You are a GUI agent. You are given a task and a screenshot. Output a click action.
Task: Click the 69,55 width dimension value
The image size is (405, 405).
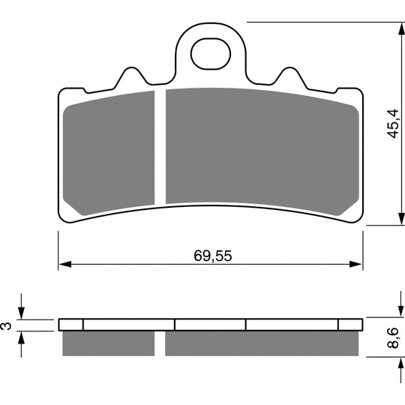pos(213,256)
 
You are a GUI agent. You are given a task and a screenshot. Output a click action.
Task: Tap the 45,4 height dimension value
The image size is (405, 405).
pos(392,124)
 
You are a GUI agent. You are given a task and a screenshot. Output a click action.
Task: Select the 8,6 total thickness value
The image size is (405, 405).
pos(393,337)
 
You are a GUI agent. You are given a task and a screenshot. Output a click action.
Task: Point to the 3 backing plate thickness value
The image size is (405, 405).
pos(7,325)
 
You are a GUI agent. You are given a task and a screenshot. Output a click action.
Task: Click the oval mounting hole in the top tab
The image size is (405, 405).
pos(211,54)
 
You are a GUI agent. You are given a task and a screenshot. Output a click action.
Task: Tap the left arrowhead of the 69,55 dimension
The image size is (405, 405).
pos(64,264)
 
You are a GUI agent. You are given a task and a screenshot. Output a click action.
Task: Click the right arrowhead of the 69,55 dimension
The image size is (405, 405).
pos(356,264)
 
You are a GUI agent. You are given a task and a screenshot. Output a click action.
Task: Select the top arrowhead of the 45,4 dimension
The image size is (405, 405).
pos(401,28)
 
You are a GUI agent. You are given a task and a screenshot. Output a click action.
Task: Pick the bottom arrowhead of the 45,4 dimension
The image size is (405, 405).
pos(401,219)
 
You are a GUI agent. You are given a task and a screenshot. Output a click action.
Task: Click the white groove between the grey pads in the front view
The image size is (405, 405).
pos(160,147)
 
